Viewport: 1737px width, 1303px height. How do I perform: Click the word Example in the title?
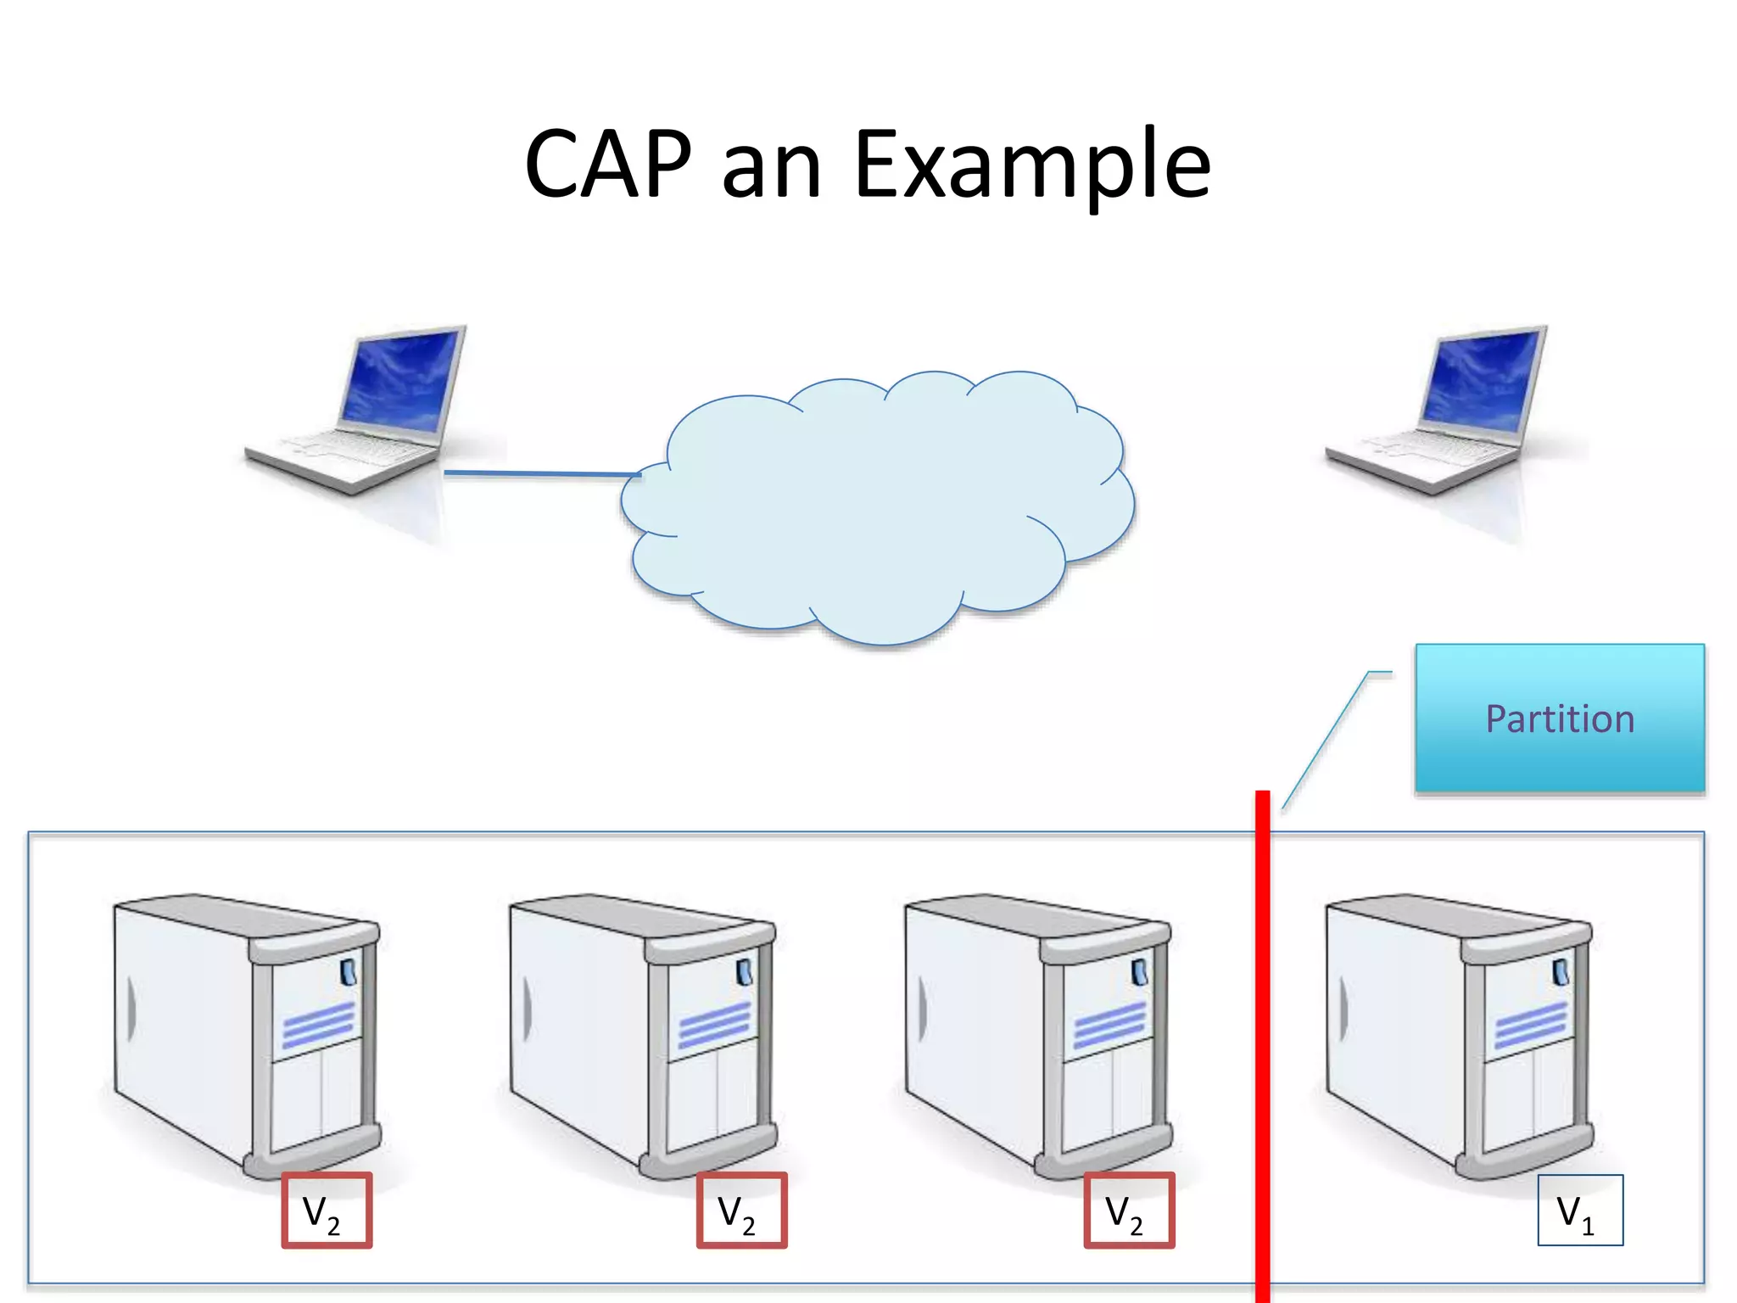click(x=1032, y=165)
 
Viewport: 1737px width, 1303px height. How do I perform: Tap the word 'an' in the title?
click(x=771, y=170)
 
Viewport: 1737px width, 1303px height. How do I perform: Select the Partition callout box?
click(x=1559, y=718)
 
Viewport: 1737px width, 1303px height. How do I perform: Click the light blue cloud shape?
click(x=878, y=509)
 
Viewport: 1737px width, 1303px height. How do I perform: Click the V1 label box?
click(x=1579, y=1210)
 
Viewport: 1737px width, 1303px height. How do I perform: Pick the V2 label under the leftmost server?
click(x=327, y=1211)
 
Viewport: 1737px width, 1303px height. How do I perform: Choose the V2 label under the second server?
click(x=741, y=1211)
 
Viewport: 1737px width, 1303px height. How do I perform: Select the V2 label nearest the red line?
click(x=1129, y=1211)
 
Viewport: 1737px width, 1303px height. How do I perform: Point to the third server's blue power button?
click(x=1139, y=972)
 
